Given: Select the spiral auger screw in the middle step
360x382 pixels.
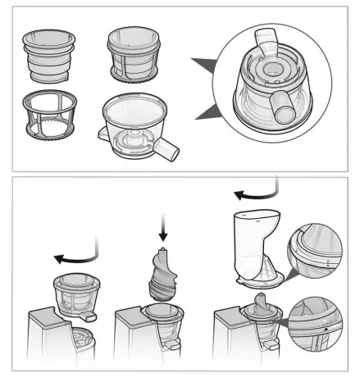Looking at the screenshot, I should click(x=162, y=274).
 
